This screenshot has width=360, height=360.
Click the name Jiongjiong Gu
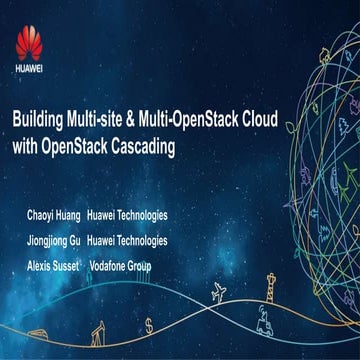tap(55, 241)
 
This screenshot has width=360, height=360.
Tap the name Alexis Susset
tap(52, 266)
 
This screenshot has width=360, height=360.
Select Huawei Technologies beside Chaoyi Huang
tap(127, 215)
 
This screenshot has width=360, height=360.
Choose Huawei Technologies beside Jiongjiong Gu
tap(127, 241)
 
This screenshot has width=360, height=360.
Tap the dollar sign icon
tap(149, 325)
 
